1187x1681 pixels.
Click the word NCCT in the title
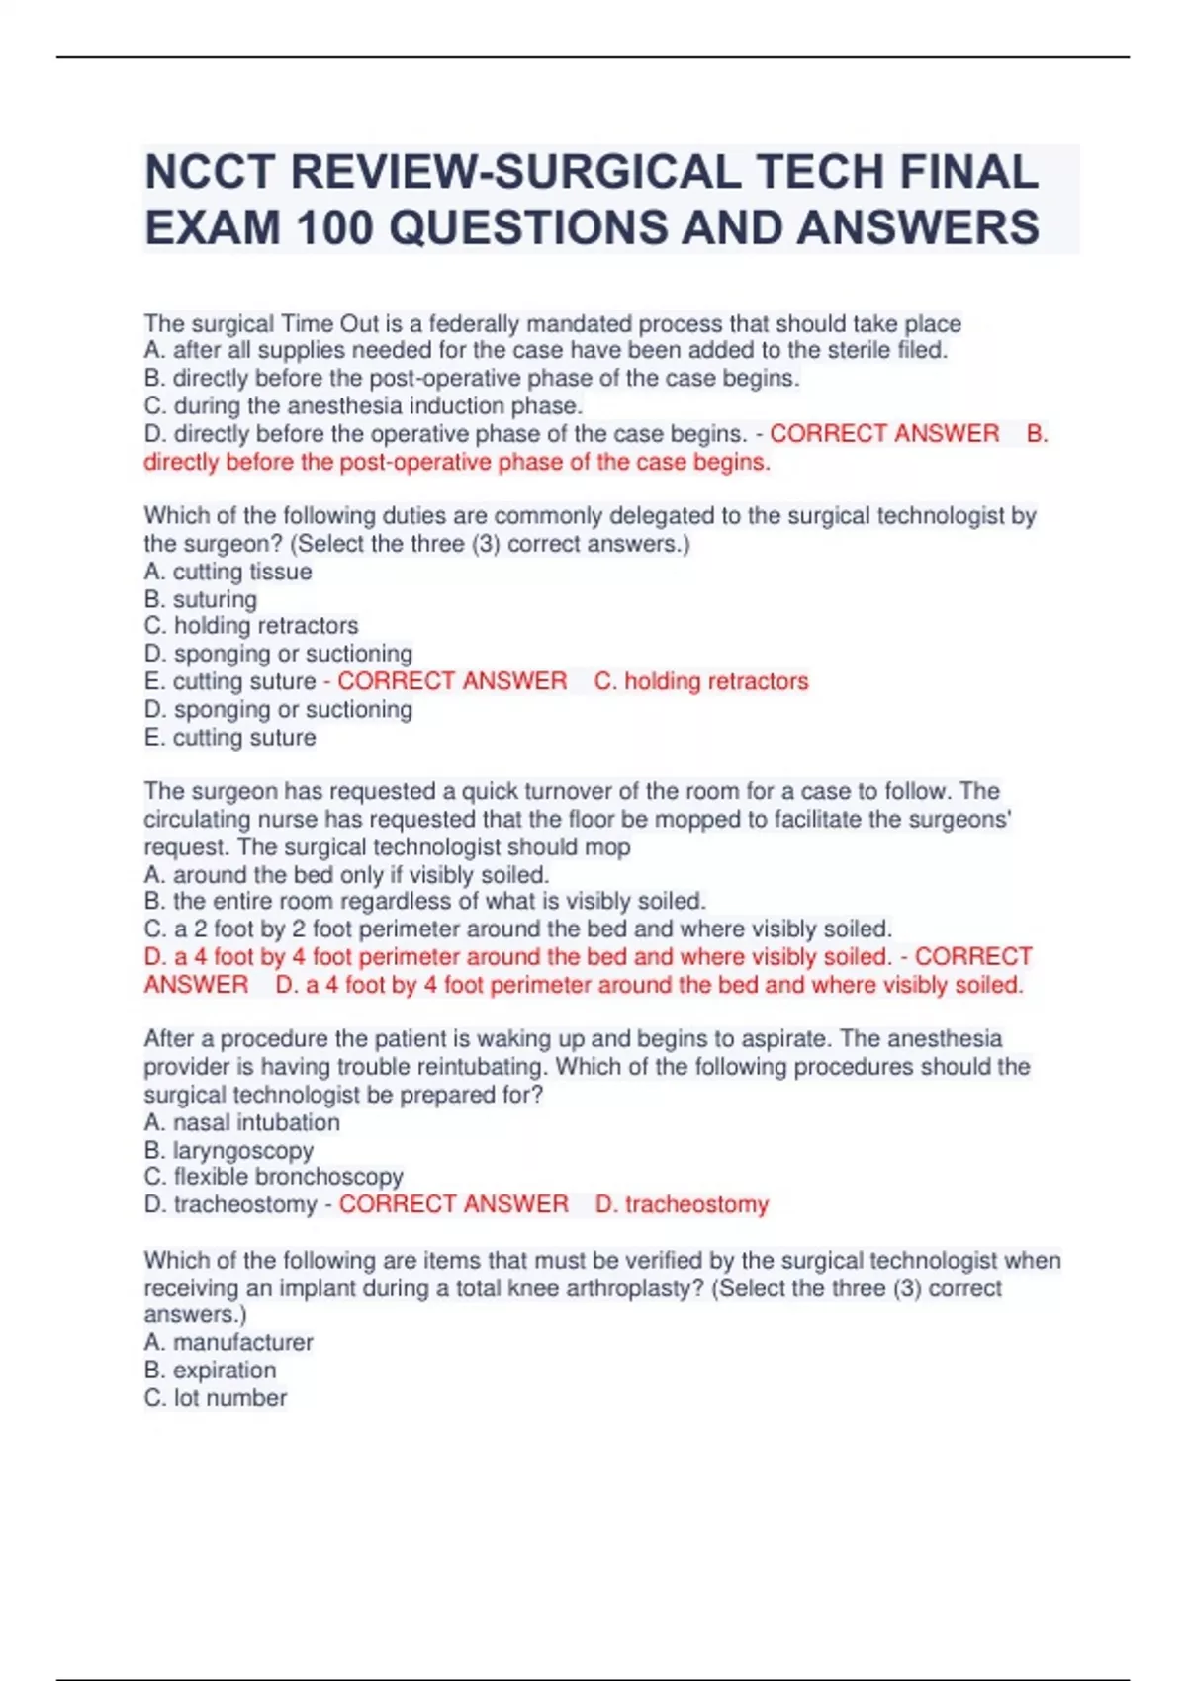210,172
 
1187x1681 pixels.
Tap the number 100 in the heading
333,228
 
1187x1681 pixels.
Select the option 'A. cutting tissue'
228,572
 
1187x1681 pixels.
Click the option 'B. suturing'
200,599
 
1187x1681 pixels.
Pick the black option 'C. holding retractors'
251,626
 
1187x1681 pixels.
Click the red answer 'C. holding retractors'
701,681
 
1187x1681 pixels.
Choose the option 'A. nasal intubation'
241,1122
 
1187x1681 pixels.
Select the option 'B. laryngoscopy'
228,1150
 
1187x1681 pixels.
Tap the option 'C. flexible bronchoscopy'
273,1177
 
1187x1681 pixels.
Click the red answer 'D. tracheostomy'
682,1204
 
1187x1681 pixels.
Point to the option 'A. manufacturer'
228,1342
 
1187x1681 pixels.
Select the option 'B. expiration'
210,1370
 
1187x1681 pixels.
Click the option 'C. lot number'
216,1397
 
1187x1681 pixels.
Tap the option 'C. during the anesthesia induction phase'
363,405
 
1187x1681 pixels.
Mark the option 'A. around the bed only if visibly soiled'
346,874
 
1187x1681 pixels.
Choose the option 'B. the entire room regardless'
424,901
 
